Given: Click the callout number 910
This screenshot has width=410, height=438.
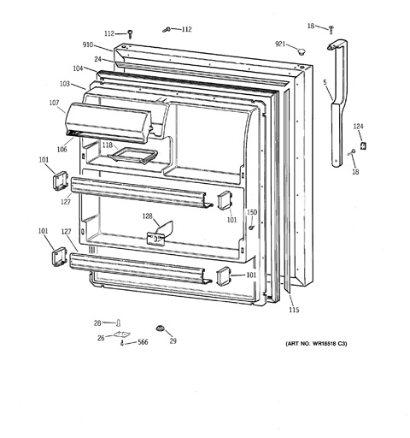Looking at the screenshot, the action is pyautogui.click(x=88, y=44).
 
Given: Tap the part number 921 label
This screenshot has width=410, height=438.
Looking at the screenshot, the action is pyautogui.click(x=280, y=44).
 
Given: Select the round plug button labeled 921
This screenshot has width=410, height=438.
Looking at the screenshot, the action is pyautogui.click(x=301, y=51).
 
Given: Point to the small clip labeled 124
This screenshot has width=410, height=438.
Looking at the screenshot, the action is pyautogui.click(x=363, y=145).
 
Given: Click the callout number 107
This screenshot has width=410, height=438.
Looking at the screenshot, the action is pyautogui.click(x=54, y=103).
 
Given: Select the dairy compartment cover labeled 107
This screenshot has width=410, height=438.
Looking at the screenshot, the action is pyautogui.click(x=108, y=122).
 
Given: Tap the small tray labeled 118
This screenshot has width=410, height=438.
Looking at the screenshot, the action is pyautogui.click(x=132, y=156).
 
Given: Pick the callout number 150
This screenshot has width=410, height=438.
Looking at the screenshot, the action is pyautogui.click(x=252, y=212).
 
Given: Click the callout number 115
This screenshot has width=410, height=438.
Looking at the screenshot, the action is pyautogui.click(x=294, y=310).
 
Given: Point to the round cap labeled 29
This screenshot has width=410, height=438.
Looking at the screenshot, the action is pyautogui.click(x=161, y=328).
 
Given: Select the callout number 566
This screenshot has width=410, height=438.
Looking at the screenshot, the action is pyautogui.click(x=143, y=342).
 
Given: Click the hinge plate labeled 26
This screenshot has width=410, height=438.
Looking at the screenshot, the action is pyautogui.click(x=122, y=334).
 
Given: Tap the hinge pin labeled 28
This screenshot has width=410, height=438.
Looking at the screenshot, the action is pyautogui.click(x=118, y=323).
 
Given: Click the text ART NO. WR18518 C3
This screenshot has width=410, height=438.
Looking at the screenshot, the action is pyautogui.click(x=316, y=344).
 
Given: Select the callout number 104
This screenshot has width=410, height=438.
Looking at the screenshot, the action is pyautogui.click(x=78, y=68).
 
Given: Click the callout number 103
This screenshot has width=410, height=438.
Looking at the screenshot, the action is pyautogui.click(x=65, y=84).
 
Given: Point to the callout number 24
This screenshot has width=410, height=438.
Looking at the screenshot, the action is pyautogui.click(x=98, y=59).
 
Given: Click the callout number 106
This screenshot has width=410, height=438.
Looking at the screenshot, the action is pyautogui.click(x=61, y=149).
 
